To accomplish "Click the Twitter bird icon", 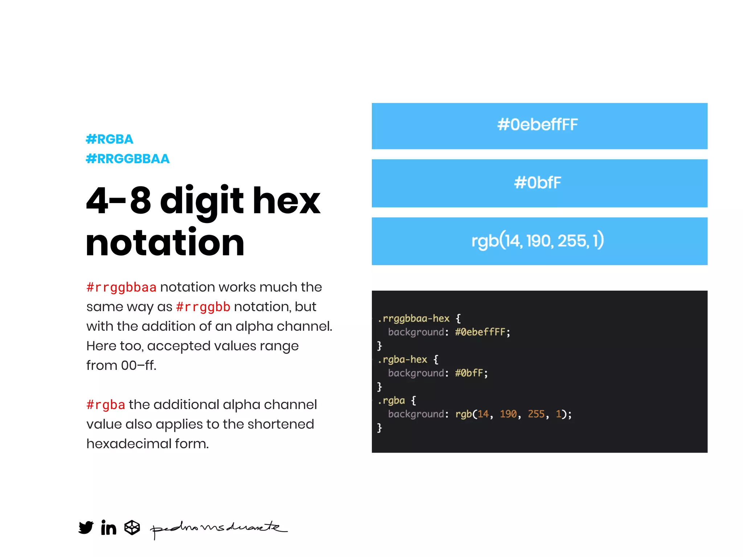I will tap(86, 527).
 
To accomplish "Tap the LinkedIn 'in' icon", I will tap(108, 527).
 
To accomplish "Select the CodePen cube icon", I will tap(132, 527).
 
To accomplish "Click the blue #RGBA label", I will tap(110, 139).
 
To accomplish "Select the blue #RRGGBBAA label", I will tap(128, 159).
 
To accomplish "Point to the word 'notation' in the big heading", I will tap(165, 242).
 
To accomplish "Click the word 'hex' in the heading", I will tap(286, 201).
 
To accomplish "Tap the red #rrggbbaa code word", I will tap(121, 287).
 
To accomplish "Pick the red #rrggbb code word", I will tap(203, 307).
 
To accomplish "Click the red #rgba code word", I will tap(106, 405).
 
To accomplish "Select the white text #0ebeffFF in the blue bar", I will tap(537, 125).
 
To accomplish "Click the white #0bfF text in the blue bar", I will tap(537, 183).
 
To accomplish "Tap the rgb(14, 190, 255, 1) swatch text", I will tap(537, 241).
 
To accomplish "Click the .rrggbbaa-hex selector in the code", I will tap(414, 318).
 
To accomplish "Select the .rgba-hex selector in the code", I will tap(402, 359).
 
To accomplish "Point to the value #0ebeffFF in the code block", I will tap(480, 332).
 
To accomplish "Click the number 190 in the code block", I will tap(508, 414).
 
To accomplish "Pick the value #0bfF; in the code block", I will tap(471, 373).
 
